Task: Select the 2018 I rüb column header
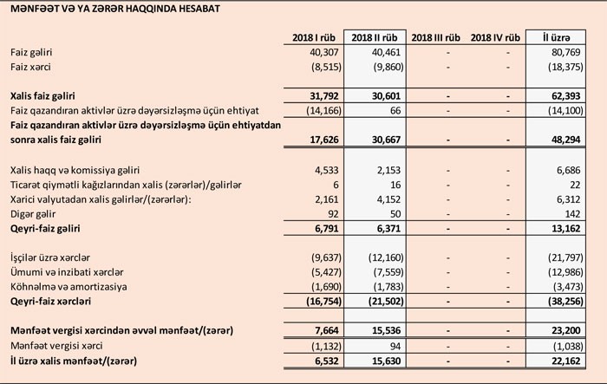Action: click(312, 38)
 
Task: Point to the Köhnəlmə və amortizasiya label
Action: click(69, 286)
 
